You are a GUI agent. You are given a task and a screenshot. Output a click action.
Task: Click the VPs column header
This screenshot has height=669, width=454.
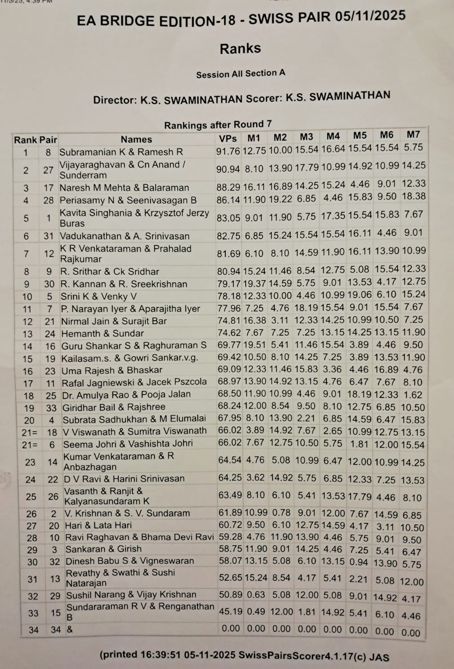coord(228,138)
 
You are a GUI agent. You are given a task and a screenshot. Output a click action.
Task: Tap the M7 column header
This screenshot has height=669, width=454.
coord(413,135)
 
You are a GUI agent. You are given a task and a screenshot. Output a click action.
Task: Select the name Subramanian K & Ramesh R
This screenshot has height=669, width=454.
coord(121,152)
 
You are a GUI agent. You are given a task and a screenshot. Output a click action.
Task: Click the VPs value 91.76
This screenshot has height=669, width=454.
coord(228,151)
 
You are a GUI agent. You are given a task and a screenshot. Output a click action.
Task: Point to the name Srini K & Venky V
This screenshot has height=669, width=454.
coord(99,296)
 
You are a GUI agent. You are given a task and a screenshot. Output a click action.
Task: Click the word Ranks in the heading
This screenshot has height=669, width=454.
coord(240,49)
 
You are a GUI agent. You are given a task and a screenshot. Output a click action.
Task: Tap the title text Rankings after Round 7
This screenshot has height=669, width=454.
coord(218,125)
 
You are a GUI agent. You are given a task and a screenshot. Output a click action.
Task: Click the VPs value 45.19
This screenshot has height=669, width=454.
coord(231,611)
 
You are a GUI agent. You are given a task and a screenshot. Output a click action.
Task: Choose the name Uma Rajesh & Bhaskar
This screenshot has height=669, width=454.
coord(112,370)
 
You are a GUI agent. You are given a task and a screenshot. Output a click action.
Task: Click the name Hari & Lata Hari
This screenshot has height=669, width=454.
coord(98,525)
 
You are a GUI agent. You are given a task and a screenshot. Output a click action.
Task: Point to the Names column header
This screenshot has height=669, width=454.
coord(136,139)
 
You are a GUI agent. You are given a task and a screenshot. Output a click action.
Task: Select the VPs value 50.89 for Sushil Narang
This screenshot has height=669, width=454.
coord(231,595)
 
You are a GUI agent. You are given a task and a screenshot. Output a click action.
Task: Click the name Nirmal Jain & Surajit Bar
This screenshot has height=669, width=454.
coord(114,321)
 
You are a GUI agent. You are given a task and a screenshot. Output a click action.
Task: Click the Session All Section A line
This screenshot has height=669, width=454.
coord(241,74)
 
